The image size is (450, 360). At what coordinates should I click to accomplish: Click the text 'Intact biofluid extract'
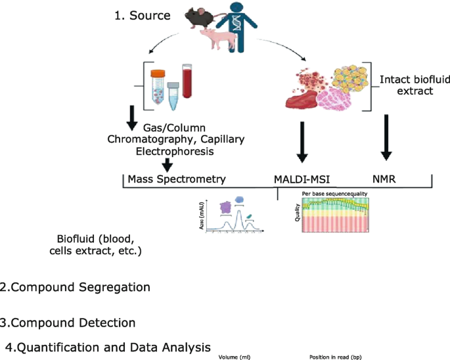tap(407, 85)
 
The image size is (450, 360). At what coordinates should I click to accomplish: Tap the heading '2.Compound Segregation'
tap(76, 287)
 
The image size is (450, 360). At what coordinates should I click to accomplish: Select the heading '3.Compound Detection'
tap(68, 323)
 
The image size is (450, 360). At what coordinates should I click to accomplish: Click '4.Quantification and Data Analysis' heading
tap(108, 347)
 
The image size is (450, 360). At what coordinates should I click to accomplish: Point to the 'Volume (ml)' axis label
tap(235, 357)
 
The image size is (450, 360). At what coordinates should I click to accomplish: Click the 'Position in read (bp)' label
tap(335, 357)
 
